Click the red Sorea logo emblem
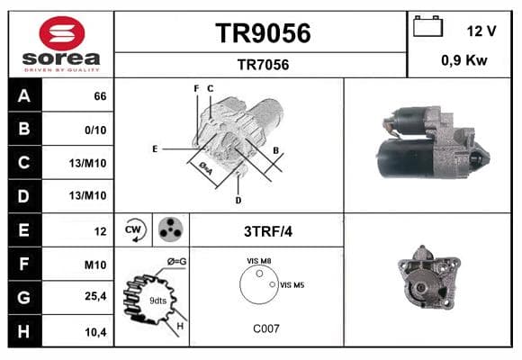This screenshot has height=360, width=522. point(62,33)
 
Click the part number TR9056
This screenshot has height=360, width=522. point(263,33)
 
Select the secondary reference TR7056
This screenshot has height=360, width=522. point(263,65)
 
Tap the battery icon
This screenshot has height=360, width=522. point(427,26)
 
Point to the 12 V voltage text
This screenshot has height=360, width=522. point(481,31)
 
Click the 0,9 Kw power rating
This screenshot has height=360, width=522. point(464,60)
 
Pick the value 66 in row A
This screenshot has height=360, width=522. point(100,96)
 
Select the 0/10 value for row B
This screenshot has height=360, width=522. point(95,130)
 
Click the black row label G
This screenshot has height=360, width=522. point(24,297)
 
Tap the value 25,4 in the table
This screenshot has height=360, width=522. point(95,296)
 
